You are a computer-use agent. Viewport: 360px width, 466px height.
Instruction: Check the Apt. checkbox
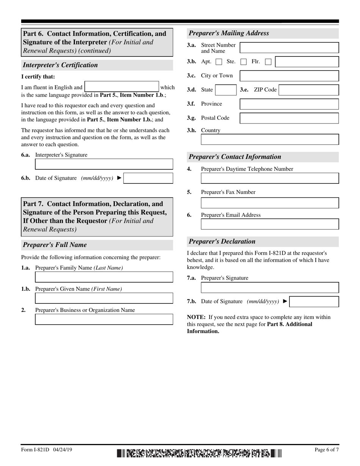pyautogui.click(x=219, y=62)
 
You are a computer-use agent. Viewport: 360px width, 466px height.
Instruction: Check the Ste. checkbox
pyautogui.click(x=244, y=62)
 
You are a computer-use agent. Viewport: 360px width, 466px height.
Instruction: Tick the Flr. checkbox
pyautogui.click(x=268, y=62)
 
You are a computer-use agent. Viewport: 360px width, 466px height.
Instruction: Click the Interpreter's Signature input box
pyautogui.click(x=104, y=164)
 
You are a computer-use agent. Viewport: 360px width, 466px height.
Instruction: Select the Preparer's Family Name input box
pyautogui.click(x=104, y=277)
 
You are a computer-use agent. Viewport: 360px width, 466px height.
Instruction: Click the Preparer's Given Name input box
pyautogui.click(x=104, y=298)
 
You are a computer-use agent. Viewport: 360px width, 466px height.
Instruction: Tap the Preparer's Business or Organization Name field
pyautogui.click(x=104, y=319)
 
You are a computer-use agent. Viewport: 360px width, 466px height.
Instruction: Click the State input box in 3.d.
pyautogui.click(x=225, y=90)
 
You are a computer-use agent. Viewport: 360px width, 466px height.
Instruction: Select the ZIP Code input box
pyautogui.click(x=308, y=90)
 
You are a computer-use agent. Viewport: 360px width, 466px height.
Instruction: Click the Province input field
pyautogui.click(x=289, y=104)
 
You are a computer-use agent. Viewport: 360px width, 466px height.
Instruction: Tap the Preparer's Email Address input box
pyautogui.click(x=269, y=224)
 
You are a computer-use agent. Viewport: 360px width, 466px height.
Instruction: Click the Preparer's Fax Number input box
pyautogui.click(x=269, y=203)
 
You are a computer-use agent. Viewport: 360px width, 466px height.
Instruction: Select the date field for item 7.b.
pyautogui.click(x=314, y=302)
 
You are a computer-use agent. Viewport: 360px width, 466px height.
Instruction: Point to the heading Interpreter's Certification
pyautogui.click(x=60, y=65)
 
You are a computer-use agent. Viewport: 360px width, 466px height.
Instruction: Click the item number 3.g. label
pyautogui.click(x=191, y=118)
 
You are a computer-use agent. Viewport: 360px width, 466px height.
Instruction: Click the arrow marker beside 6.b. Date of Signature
pyautogui.click(x=119, y=178)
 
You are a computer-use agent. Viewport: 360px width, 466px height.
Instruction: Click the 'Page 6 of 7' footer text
pyautogui.click(x=327, y=450)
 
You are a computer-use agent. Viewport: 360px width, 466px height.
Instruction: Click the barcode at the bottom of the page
pyautogui.click(x=199, y=453)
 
